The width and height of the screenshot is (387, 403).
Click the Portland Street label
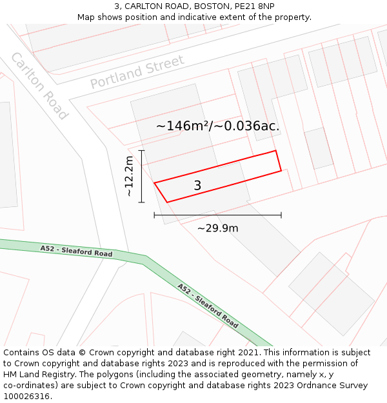tap(137, 72)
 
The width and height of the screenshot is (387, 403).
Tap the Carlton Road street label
tap(39, 86)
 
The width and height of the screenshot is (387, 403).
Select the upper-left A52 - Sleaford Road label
tap(76, 251)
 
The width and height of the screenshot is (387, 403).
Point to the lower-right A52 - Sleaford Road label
tap(208, 306)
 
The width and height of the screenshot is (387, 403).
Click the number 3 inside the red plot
tap(197, 186)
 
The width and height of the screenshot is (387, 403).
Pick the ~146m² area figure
tap(181, 126)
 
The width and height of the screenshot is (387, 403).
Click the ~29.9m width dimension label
tap(217, 228)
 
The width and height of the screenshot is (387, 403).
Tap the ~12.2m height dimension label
tap(130, 176)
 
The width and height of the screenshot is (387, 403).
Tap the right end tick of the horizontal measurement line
tap(281, 215)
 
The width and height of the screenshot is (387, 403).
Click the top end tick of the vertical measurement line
tap(142, 150)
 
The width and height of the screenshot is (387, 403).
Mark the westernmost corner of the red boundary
tap(154, 182)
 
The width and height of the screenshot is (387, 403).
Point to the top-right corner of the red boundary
tap(276, 151)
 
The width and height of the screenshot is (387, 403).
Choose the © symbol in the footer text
tap(82, 353)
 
